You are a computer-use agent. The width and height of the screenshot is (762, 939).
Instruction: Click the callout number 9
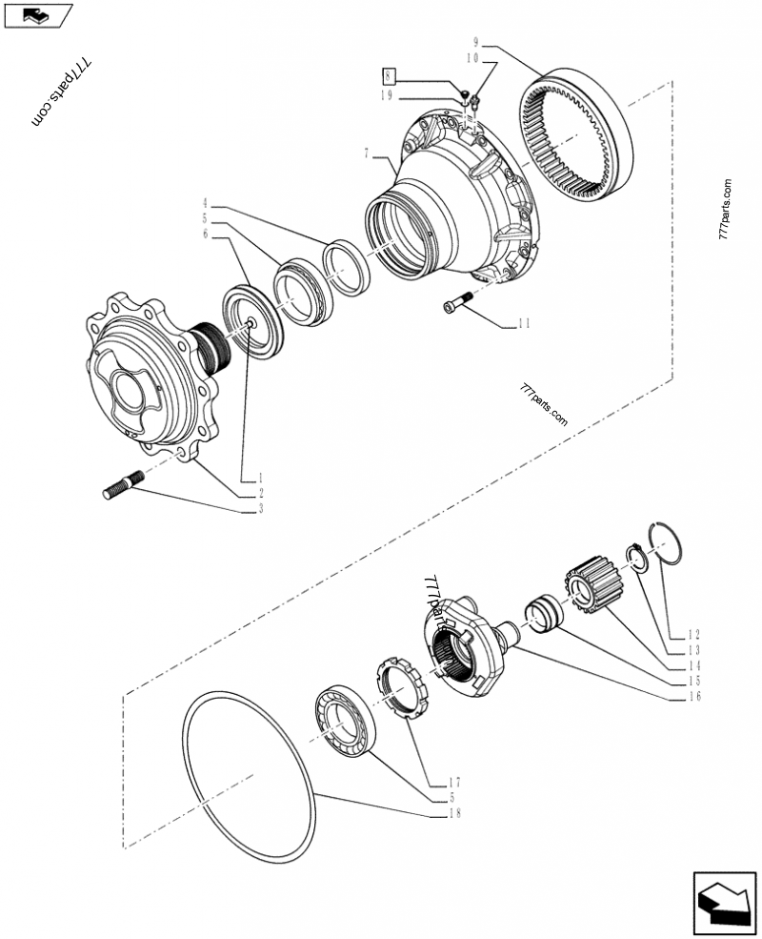[477, 42]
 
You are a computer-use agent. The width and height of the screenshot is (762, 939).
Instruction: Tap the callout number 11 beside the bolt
[523, 324]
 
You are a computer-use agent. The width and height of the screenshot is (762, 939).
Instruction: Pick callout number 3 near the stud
[259, 509]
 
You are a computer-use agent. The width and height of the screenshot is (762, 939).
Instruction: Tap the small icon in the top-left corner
[38, 15]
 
